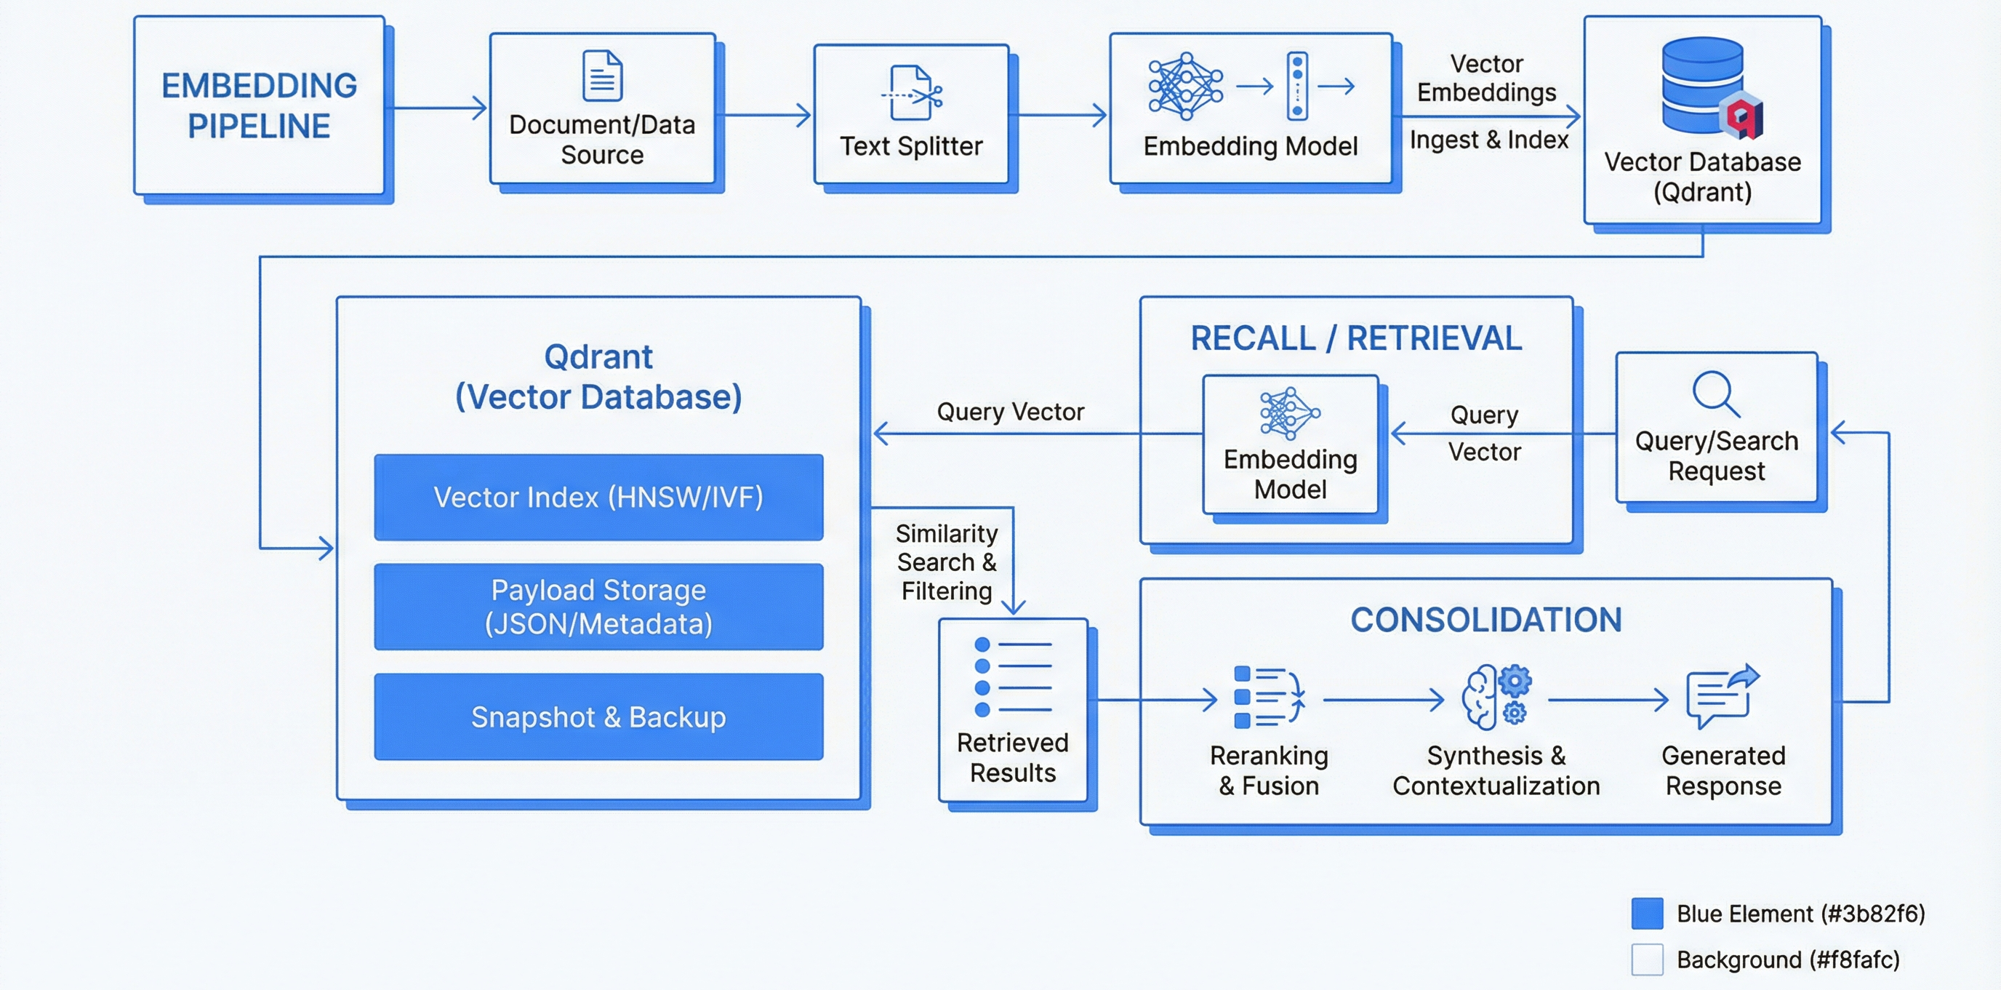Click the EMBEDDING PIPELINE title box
pos(259,105)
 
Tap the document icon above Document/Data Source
pos(602,76)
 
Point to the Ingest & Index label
pos(1488,140)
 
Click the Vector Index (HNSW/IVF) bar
pos(598,498)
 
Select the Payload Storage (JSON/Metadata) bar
pos(598,607)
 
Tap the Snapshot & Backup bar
pos(598,716)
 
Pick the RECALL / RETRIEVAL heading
pos(1356,338)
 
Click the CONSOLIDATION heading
pos(1485,620)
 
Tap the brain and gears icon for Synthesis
pos(1496,697)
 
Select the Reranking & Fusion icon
pos(1268,697)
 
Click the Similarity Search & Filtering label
pos(946,562)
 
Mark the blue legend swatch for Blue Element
pos(1647,913)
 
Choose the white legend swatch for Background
pos(1647,959)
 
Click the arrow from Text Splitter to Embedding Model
pos(1059,116)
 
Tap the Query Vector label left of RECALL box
pos(1010,412)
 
